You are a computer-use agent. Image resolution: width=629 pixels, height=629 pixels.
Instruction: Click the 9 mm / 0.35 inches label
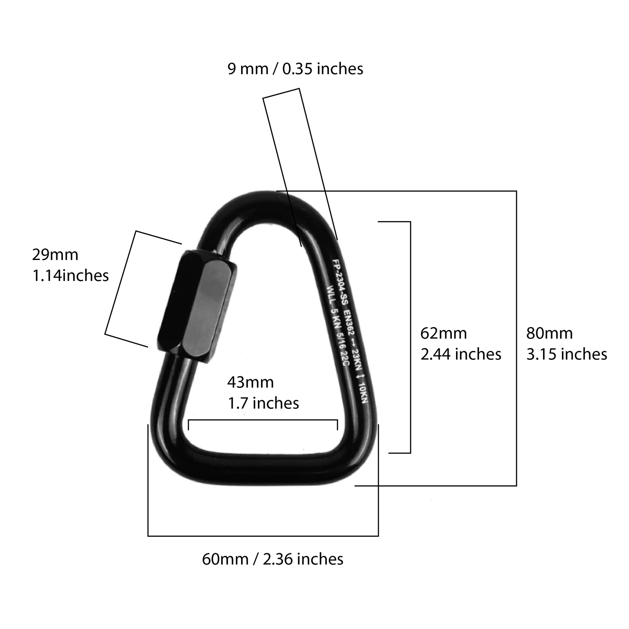pyautogui.click(x=295, y=69)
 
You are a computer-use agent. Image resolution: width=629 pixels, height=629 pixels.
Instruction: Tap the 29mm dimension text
pyautogui.click(x=55, y=255)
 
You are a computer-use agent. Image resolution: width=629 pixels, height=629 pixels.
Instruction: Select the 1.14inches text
pyautogui.click(x=71, y=276)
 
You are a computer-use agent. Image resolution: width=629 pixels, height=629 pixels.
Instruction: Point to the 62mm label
pyautogui.click(x=443, y=333)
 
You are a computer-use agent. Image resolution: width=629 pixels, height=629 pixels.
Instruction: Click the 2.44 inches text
pyautogui.click(x=461, y=354)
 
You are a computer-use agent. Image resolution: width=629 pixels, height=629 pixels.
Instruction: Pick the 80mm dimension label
pyautogui.click(x=549, y=333)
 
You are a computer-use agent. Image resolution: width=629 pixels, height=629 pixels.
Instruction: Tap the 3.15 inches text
pyautogui.click(x=566, y=354)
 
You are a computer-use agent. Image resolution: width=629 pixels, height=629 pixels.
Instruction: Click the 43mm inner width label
pyautogui.click(x=251, y=383)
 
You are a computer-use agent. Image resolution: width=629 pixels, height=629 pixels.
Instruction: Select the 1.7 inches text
pyautogui.click(x=263, y=403)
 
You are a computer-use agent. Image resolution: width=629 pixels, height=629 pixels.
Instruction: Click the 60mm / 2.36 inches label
pyautogui.click(x=273, y=559)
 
